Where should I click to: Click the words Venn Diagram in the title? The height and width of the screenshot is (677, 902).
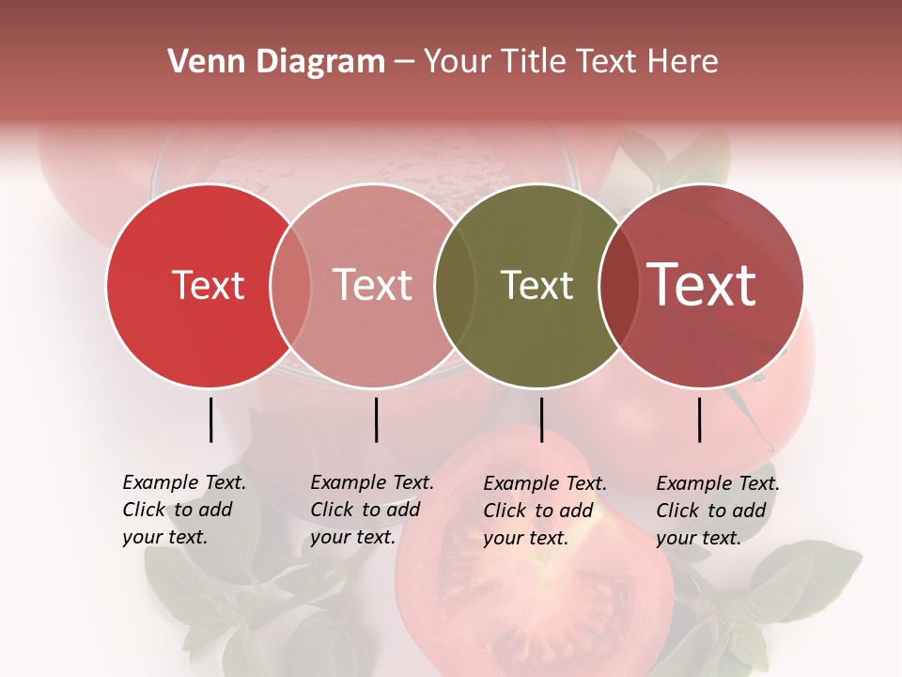276,62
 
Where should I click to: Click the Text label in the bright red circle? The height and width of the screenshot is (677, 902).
208,285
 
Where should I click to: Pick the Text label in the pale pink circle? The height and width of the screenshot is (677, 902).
373,285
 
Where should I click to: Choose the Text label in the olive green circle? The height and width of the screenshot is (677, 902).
537,285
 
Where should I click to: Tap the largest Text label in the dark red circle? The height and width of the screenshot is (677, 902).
702,285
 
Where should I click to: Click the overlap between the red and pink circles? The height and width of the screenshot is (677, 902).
290,286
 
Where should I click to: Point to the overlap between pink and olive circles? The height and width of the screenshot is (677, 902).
455,286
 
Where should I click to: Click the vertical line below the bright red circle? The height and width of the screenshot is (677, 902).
210,419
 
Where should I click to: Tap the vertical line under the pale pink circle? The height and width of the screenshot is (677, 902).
376,419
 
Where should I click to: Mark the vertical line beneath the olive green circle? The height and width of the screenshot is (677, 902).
541,419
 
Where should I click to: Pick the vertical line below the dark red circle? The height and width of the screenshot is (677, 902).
700,419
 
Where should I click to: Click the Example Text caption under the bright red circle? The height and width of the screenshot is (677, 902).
183,510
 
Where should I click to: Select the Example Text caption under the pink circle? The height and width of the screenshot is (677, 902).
371,510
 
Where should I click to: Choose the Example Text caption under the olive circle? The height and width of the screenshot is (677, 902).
544,511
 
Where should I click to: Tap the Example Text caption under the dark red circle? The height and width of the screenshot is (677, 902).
717,511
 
